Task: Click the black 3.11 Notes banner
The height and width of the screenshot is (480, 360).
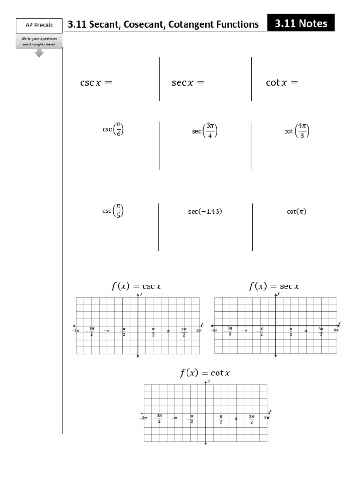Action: [301, 23]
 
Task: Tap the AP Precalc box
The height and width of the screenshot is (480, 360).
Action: [39, 25]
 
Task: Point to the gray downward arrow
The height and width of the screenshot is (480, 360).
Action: [39, 53]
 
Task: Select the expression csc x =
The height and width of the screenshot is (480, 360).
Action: [96, 83]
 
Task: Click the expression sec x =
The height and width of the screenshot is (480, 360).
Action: [188, 83]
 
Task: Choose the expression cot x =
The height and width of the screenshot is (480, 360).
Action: [282, 83]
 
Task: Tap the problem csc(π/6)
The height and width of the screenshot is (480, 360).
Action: [113, 130]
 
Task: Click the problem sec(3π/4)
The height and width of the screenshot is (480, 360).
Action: [204, 131]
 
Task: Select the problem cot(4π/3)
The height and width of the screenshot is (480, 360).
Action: [297, 131]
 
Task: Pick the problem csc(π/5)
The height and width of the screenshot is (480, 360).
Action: [113, 211]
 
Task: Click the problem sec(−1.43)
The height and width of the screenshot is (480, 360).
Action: [205, 212]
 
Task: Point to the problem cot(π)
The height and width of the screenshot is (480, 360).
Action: [297, 212]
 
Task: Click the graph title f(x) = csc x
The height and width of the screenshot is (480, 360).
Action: [136, 286]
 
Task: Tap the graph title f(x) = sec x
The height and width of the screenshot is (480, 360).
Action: [274, 286]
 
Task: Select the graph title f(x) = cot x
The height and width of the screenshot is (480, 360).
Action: [205, 373]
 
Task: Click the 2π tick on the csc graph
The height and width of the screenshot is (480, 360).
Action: [199, 331]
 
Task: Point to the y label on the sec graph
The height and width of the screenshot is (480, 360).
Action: [279, 293]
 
